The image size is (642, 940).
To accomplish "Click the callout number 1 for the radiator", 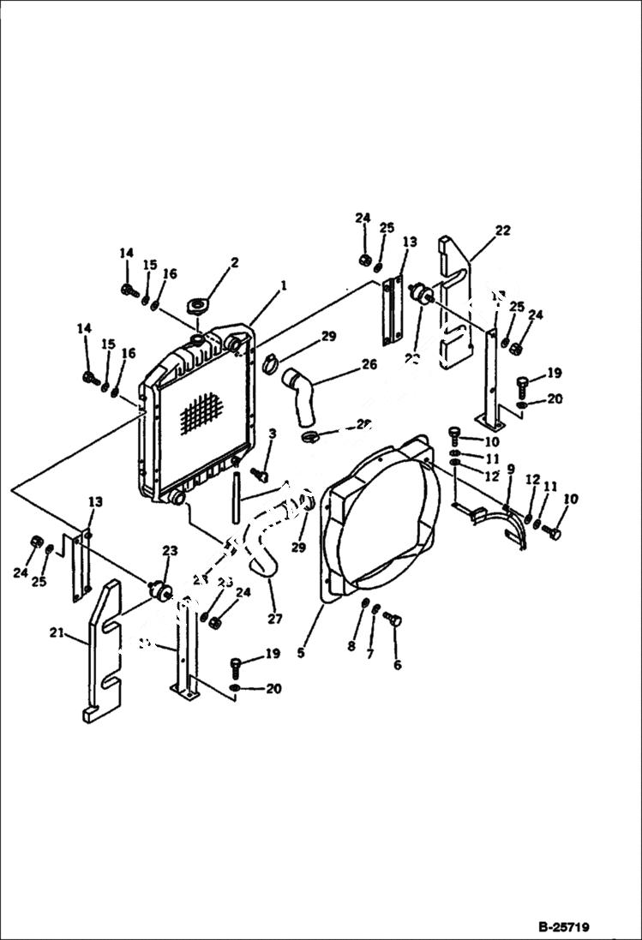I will (283, 284).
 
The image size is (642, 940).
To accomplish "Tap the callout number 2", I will (235, 262).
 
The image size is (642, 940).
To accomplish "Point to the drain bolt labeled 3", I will (261, 474).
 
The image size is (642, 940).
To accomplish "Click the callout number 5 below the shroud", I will (301, 652).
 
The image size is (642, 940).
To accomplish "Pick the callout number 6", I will (396, 664).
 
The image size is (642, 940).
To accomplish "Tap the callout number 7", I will (370, 656).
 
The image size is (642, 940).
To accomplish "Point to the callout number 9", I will (511, 469).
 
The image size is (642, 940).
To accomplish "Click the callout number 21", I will (57, 633).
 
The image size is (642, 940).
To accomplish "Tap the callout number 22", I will (502, 230).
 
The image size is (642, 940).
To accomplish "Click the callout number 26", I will (369, 364).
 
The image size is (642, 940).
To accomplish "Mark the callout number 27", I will (274, 619).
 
